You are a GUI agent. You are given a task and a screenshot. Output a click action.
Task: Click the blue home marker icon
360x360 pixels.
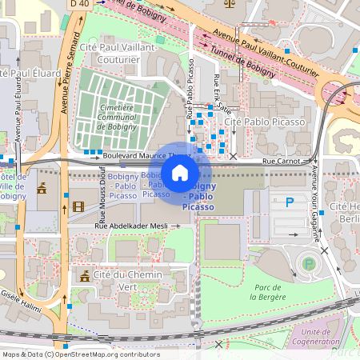(x=180, y=172)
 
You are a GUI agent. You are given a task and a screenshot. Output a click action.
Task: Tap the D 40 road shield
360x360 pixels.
(x=79, y=4)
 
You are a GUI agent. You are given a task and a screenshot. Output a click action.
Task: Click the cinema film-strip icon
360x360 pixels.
(x=78, y=206)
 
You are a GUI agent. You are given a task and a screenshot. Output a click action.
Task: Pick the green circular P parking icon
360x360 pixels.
(x=307, y=263)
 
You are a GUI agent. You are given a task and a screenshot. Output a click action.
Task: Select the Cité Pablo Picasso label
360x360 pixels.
(x=266, y=122)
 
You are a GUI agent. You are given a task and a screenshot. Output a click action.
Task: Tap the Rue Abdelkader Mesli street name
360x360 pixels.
(x=131, y=226)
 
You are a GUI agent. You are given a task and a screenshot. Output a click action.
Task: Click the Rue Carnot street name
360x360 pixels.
(x=282, y=161)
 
